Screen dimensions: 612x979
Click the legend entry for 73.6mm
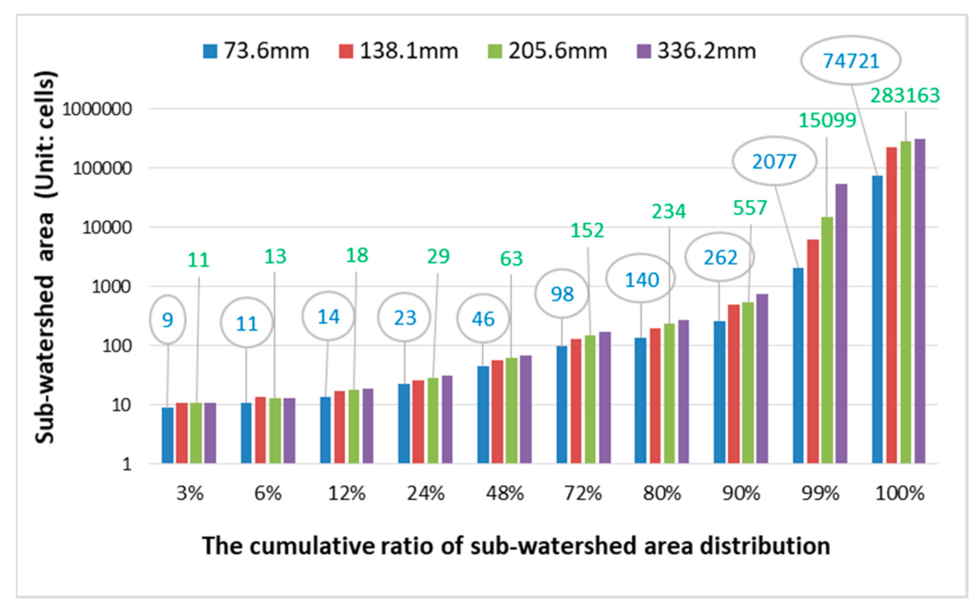pyautogui.click(x=256, y=51)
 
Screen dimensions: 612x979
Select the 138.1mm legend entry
pyautogui.click(x=399, y=51)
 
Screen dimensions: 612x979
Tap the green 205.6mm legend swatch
pyautogui.click(x=495, y=51)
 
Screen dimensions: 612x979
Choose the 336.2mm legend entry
pyautogui.click(x=696, y=51)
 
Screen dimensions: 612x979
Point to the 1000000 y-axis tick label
pyautogui.click(x=97, y=109)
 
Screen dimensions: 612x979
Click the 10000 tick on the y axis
pyautogui.click(x=107, y=228)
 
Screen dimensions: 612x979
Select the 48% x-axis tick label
pyautogui.click(x=504, y=493)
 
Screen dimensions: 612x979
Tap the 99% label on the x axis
pyautogui.click(x=821, y=493)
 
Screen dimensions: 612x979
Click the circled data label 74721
pyautogui.click(x=851, y=61)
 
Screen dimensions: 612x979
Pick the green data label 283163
pyautogui.click(x=905, y=95)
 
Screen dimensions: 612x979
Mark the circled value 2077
pyautogui.click(x=774, y=162)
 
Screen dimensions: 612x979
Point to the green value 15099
pyautogui.click(x=827, y=121)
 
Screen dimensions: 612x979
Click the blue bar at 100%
pyautogui.click(x=877, y=319)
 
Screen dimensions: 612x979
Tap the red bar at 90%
pyautogui.click(x=733, y=384)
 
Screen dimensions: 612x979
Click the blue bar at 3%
pyautogui.click(x=167, y=435)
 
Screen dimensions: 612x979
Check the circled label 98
pyautogui.click(x=562, y=294)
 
